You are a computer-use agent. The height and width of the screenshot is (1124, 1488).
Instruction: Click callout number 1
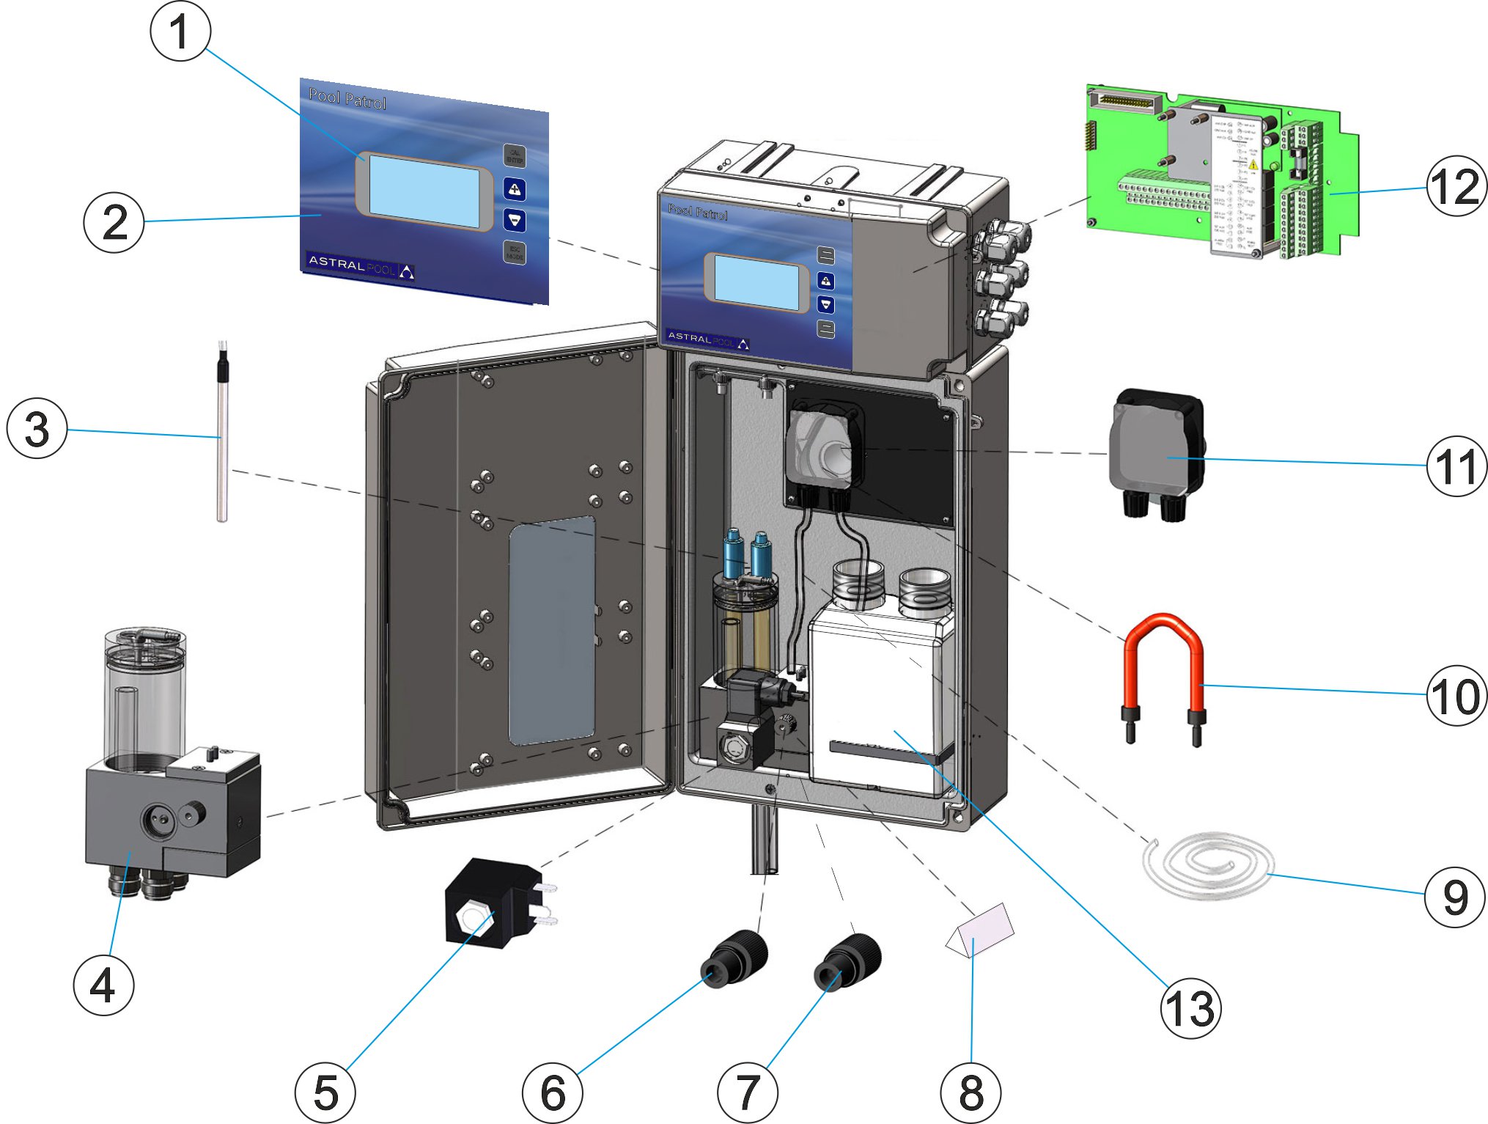coord(180,32)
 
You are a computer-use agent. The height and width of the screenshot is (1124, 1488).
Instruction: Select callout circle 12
coord(1456,186)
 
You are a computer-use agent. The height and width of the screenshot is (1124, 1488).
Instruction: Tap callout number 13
coord(1190,1008)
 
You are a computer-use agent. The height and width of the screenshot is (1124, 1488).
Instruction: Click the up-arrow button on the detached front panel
coord(515,189)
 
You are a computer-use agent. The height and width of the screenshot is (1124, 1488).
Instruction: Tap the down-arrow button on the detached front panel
coord(515,220)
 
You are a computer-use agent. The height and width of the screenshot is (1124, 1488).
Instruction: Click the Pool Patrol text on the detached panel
coord(347,98)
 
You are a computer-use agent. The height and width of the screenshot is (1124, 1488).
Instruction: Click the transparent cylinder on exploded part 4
coord(145,689)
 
